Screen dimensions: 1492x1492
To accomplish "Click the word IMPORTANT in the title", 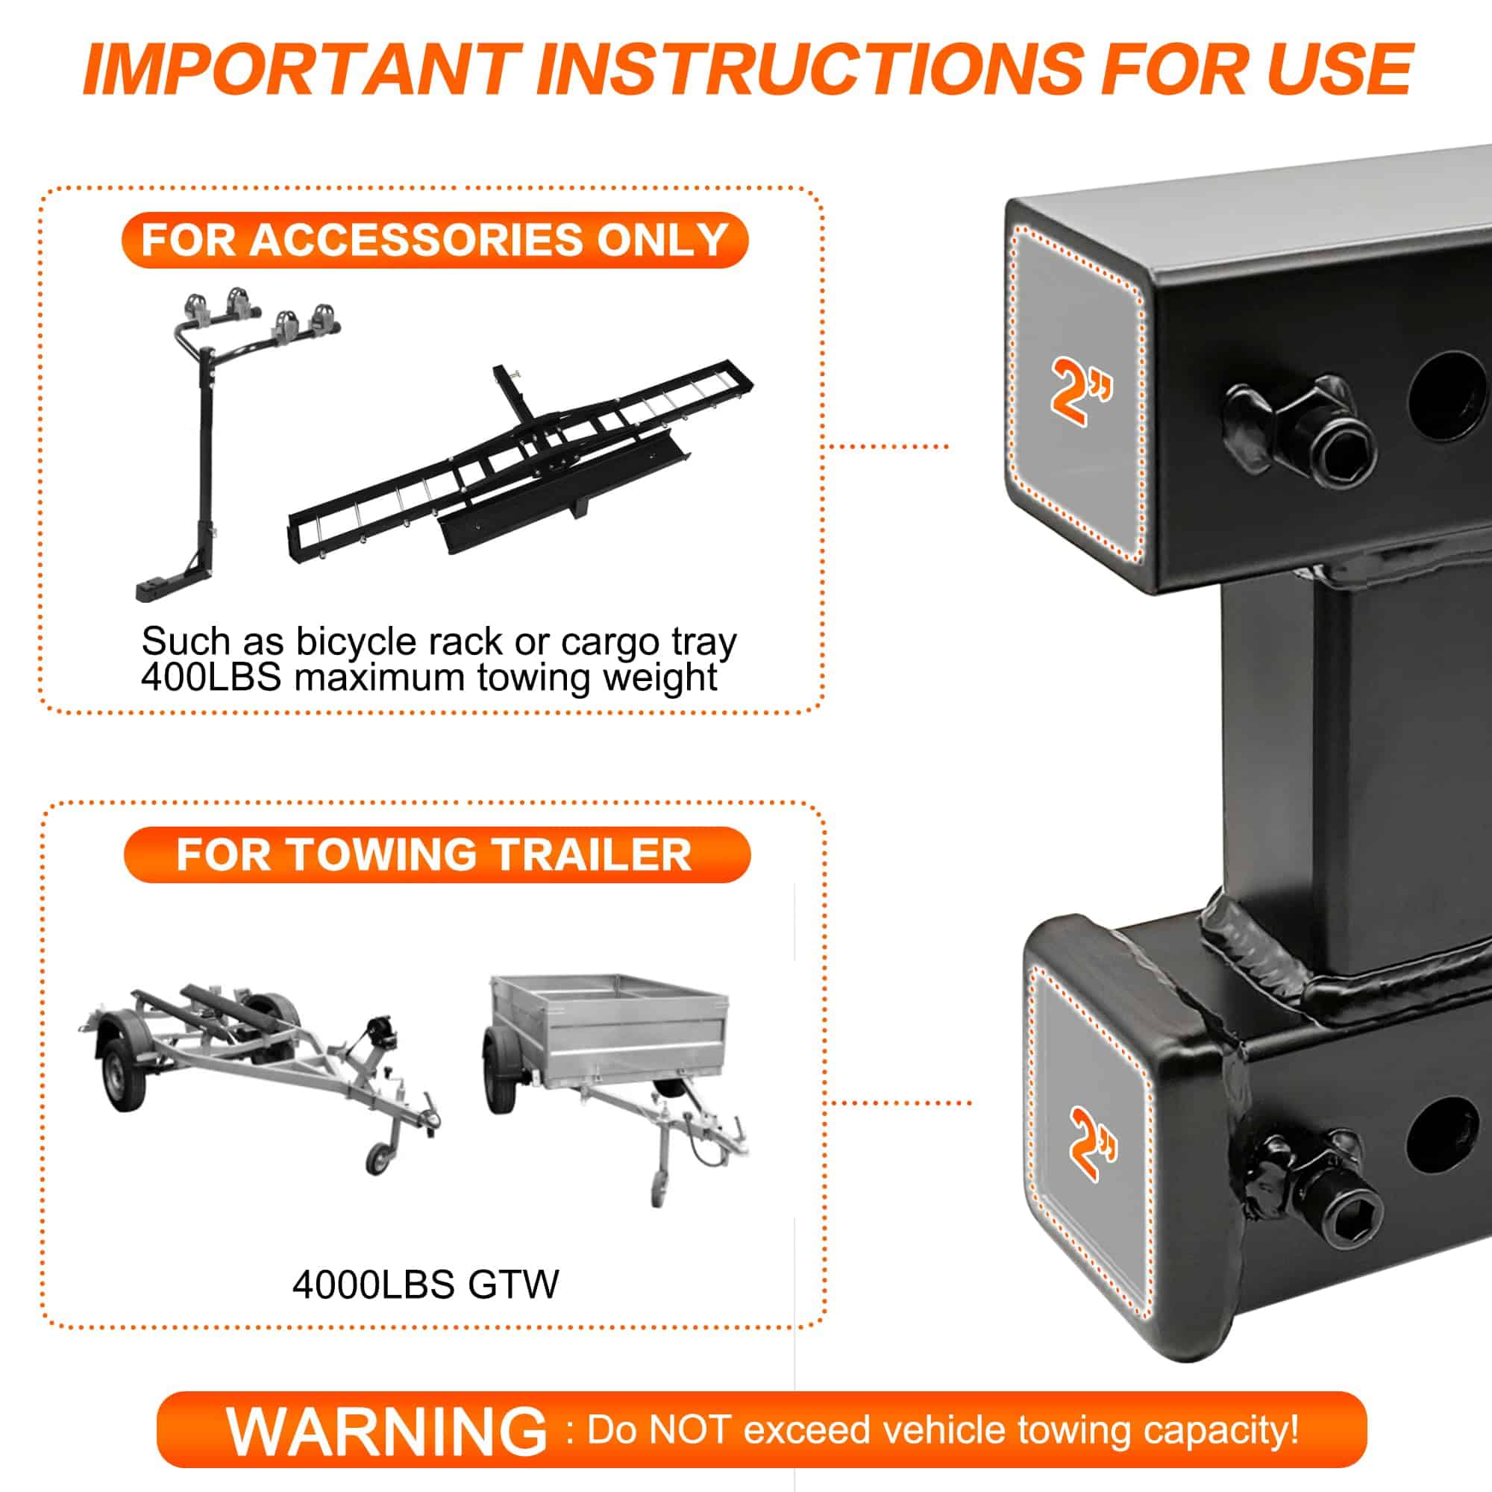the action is tap(302, 69).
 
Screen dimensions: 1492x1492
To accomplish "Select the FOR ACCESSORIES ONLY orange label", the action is tap(435, 239).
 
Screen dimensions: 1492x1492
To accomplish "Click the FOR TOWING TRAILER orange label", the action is tap(436, 854).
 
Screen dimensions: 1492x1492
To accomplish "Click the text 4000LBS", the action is tap(373, 1285).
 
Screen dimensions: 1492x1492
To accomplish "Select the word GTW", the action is tap(513, 1285).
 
